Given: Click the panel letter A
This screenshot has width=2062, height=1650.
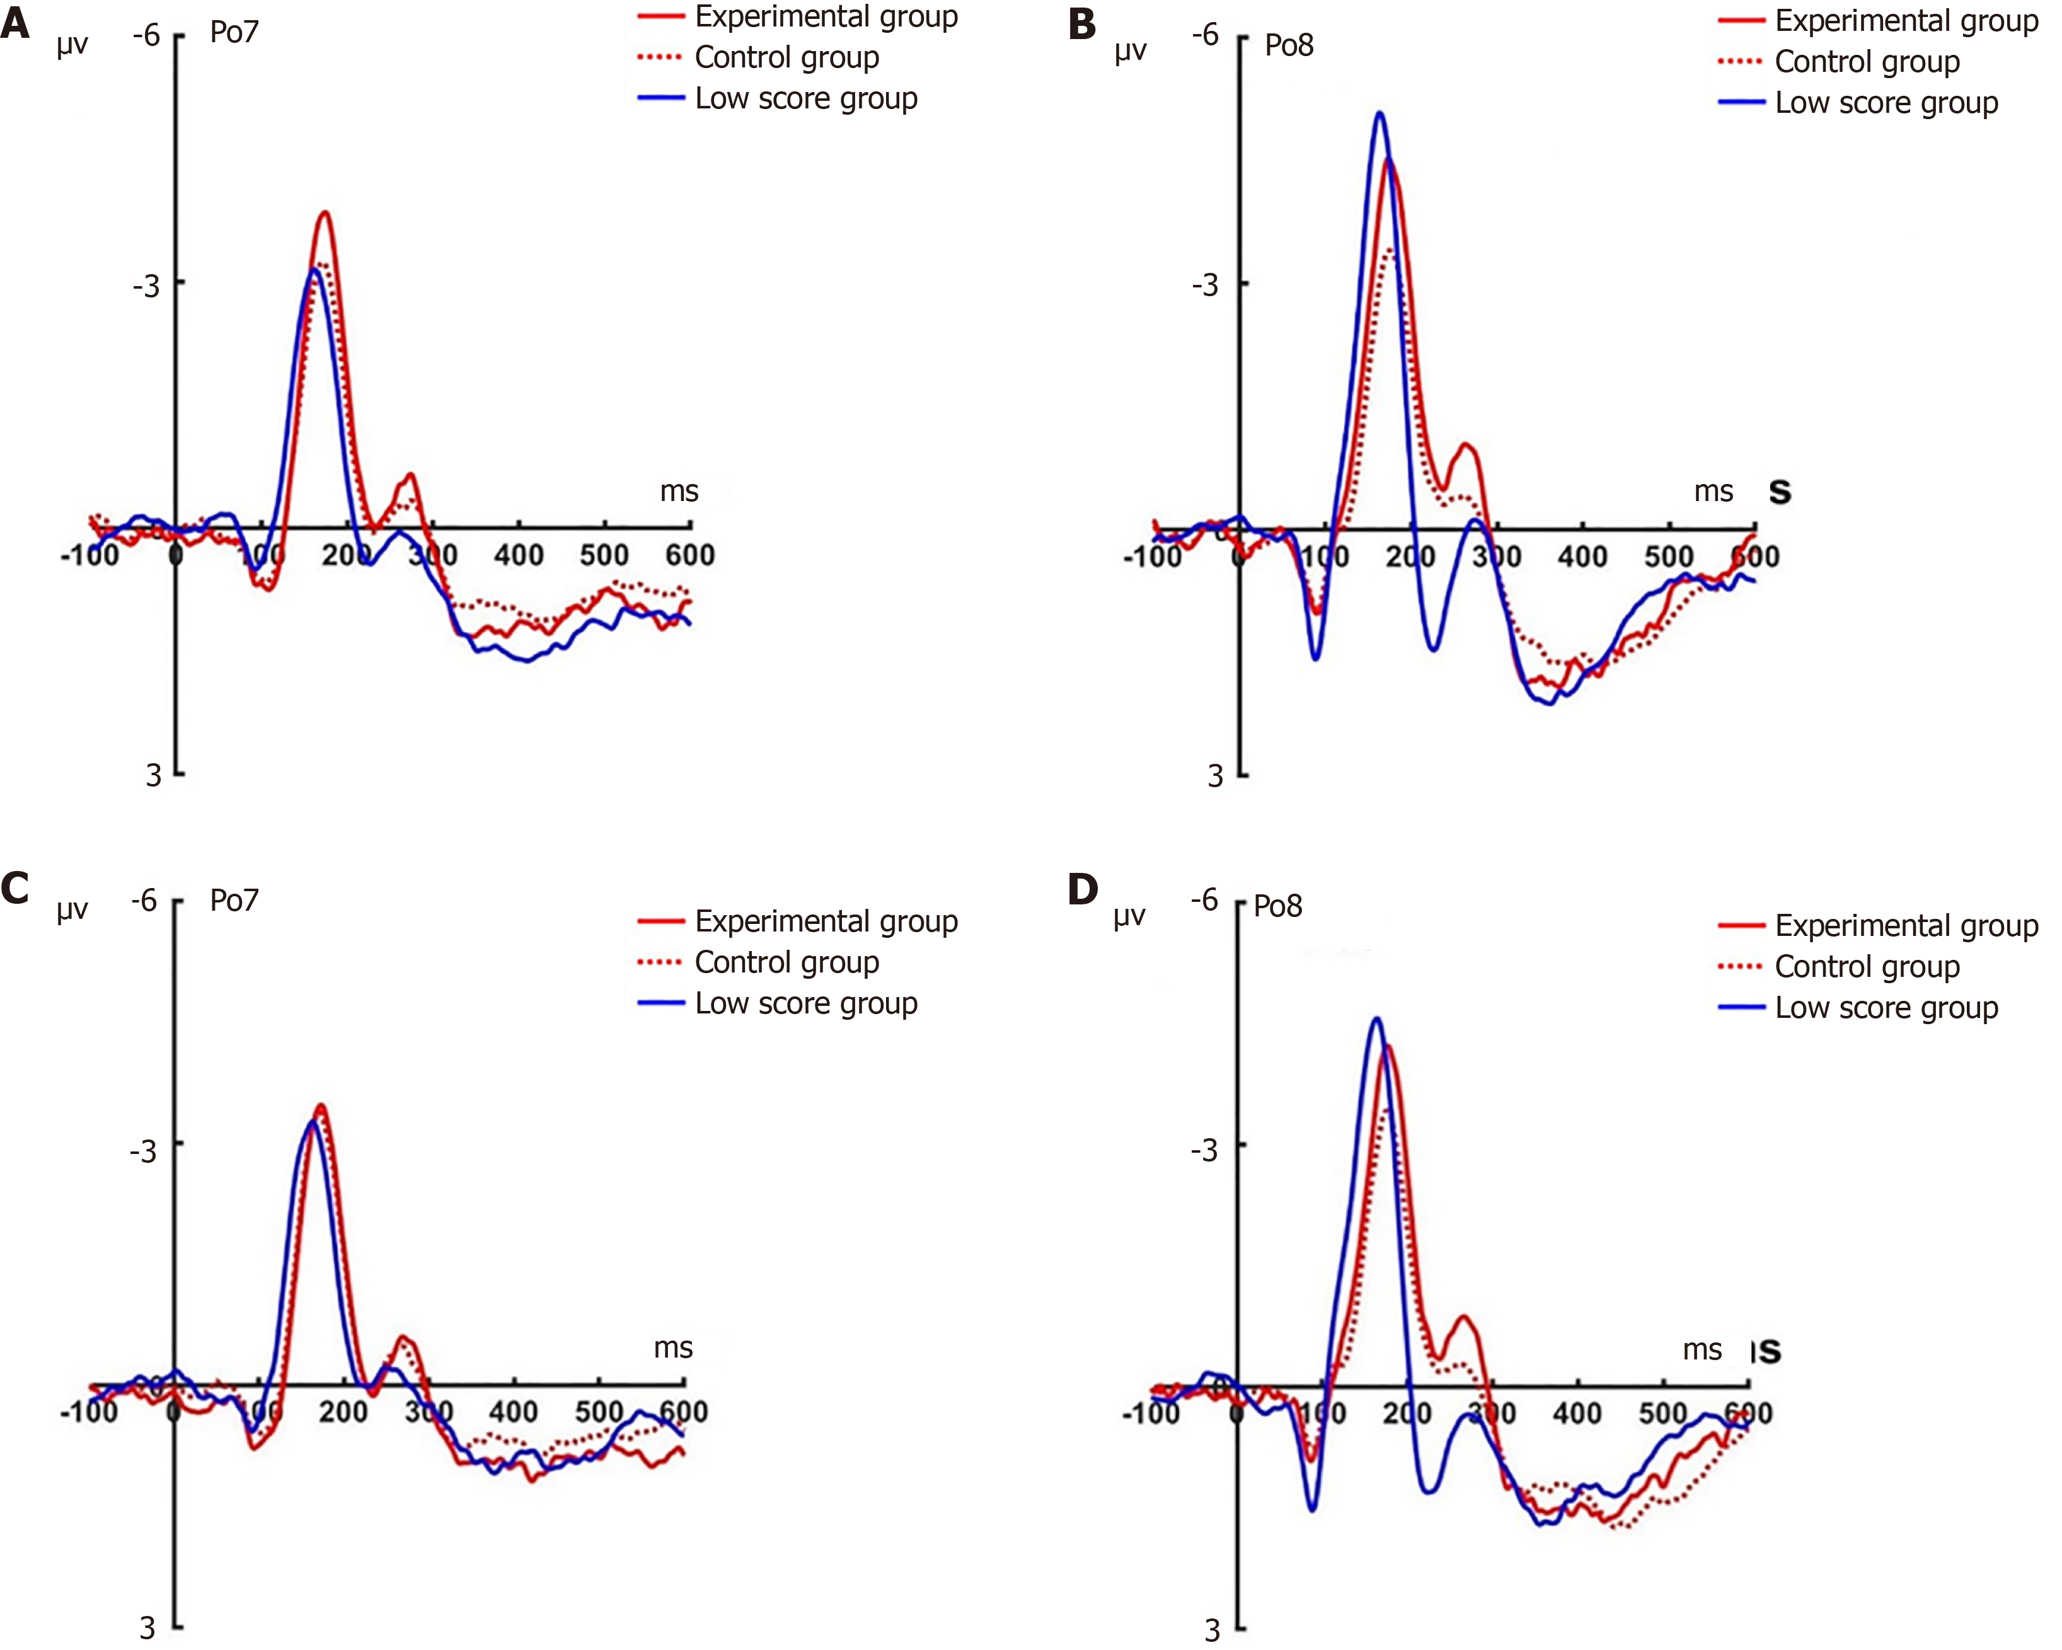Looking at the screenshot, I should pos(14,21).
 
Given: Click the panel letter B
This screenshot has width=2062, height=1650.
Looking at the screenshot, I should pos(1081,24).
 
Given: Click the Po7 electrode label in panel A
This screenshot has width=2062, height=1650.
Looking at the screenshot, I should pos(234,33).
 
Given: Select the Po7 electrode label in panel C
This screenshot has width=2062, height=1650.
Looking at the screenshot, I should pos(234,900).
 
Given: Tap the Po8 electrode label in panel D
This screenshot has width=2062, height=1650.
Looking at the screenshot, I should pos(1278,906).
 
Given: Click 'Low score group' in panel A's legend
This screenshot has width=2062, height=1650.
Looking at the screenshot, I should pos(805,98).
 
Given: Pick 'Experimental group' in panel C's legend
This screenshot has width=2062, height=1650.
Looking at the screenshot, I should pos(826,921).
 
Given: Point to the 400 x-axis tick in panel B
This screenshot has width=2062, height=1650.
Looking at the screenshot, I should pos(1582,557).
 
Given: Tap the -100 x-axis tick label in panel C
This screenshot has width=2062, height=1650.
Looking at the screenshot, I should pos(89,1412).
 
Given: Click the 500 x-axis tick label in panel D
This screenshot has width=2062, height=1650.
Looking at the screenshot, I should pos(1663,1414).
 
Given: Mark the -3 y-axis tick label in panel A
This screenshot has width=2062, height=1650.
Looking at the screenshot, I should pos(146,285).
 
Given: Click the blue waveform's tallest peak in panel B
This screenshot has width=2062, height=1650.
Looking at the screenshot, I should pos(1379,113).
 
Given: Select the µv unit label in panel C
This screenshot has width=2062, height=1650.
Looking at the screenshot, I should pos(72,909).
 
